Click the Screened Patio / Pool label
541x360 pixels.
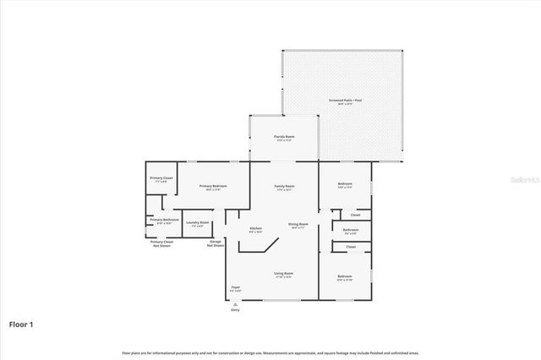(x=345, y=101)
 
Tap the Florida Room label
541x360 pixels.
(x=283, y=137)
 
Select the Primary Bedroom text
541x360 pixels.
(x=212, y=186)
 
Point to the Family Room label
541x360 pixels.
(x=284, y=186)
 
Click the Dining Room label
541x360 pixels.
(x=298, y=224)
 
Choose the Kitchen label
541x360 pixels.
(x=255, y=228)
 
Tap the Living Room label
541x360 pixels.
(x=283, y=274)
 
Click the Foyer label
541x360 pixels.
(x=236, y=287)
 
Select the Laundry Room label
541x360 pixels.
(x=198, y=223)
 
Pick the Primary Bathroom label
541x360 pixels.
(x=164, y=221)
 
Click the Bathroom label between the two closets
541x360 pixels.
(x=350, y=230)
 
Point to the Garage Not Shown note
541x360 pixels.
(x=216, y=243)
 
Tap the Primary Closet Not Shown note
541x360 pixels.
(x=161, y=243)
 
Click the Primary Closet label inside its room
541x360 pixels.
(x=161, y=178)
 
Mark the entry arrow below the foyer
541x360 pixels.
(x=236, y=303)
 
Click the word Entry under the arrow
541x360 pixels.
(x=236, y=310)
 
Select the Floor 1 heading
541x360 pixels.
(x=21, y=324)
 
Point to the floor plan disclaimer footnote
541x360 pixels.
(x=270, y=352)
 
